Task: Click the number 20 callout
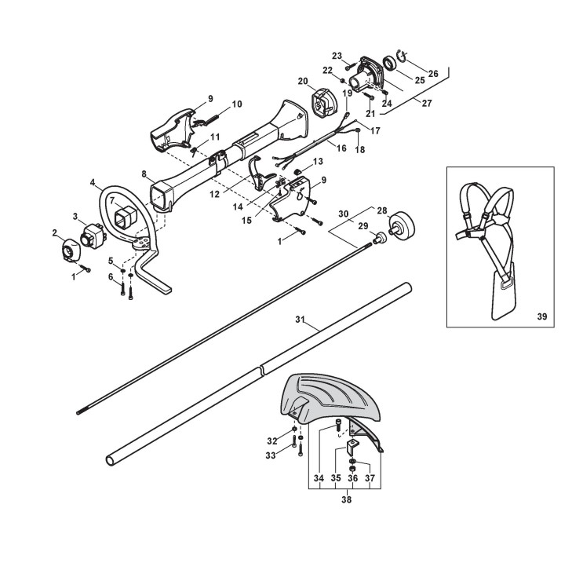[x=302, y=81]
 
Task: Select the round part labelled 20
[x=323, y=104]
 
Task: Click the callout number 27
[x=426, y=102]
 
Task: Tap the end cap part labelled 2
[x=67, y=250]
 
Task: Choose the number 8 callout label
[x=144, y=174]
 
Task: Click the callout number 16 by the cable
[x=341, y=147]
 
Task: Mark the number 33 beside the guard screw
[x=271, y=455]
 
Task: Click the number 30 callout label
[x=342, y=213]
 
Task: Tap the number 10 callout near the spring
[x=236, y=104]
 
